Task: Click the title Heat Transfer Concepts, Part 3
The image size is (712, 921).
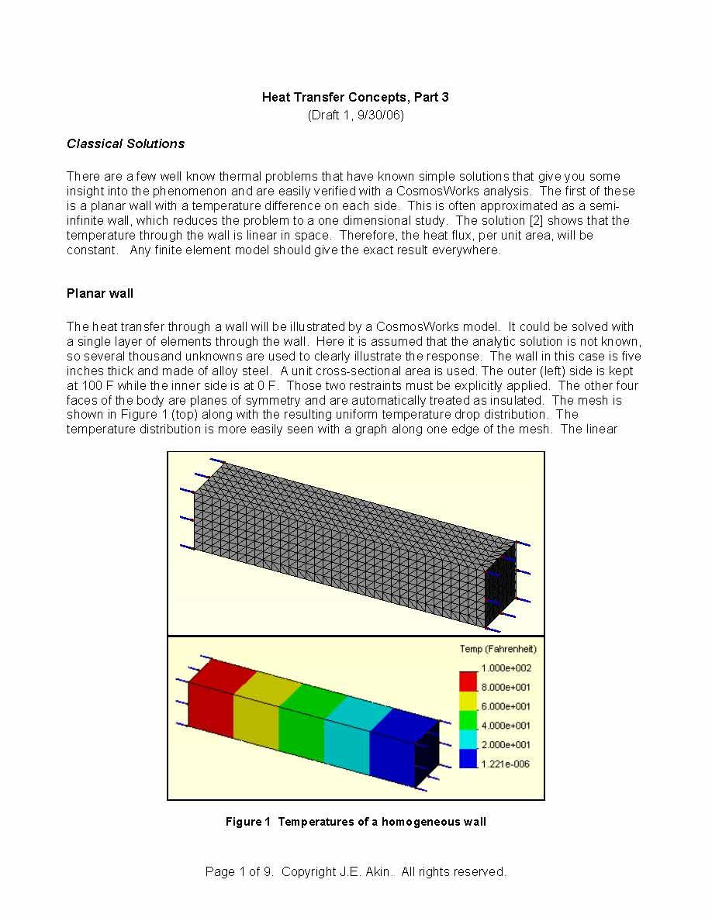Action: click(355, 97)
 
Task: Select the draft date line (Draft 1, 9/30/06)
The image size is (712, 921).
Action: click(355, 116)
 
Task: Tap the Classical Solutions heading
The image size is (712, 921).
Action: click(126, 143)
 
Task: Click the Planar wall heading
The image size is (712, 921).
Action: click(100, 293)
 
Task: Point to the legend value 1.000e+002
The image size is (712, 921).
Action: click(506, 667)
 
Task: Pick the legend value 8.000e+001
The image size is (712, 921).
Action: click(506, 687)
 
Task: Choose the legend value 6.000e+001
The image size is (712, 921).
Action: click(506, 706)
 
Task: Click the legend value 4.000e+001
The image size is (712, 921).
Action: click(506, 726)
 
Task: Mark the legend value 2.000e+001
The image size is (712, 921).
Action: click(506, 744)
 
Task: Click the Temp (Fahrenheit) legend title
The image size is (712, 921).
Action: click(498, 649)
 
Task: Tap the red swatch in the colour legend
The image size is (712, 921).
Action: click(468, 681)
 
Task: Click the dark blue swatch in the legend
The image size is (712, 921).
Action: click(468, 758)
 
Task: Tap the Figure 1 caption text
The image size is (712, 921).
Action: click(355, 822)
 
